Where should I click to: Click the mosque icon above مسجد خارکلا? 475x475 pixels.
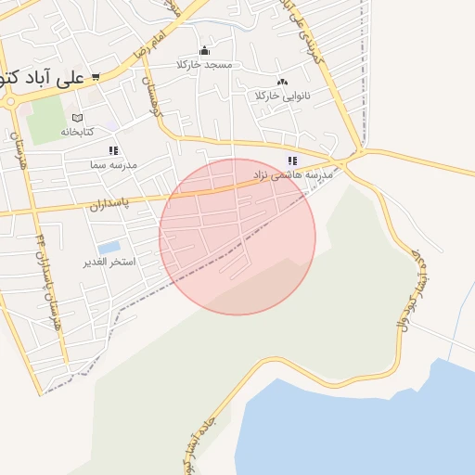(204, 50)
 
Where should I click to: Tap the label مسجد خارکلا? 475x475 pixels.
(210, 66)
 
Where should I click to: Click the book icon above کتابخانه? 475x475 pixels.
(77, 118)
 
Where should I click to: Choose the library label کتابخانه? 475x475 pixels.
(78, 132)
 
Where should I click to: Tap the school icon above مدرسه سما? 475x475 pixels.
(113, 149)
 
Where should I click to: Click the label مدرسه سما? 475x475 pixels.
(113, 163)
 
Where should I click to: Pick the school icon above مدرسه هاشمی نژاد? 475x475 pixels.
(292, 160)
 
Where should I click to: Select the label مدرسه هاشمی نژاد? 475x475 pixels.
(292, 174)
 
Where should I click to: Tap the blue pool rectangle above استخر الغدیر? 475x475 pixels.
(109, 248)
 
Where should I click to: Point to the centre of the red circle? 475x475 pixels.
(237, 237)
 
